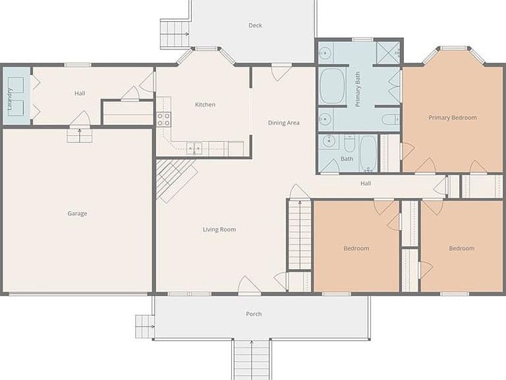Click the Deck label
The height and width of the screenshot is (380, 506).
click(x=255, y=25)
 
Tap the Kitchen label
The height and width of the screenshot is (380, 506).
click(x=205, y=104)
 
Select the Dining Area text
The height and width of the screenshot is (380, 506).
click(x=284, y=123)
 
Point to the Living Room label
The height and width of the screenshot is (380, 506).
click(x=219, y=230)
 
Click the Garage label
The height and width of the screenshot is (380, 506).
click(x=77, y=213)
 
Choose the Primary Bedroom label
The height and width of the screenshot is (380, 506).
click(x=453, y=117)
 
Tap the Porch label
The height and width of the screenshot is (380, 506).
click(x=254, y=314)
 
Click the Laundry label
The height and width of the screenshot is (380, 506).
click(x=9, y=99)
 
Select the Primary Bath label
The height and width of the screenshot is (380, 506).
click(x=357, y=89)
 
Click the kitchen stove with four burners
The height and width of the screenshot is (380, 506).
click(x=163, y=119)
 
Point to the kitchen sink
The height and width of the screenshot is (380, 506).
click(x=194, y=148)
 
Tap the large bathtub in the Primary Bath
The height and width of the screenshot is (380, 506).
click(x=332, y=86)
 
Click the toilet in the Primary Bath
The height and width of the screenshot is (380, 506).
click(x=391, y=119)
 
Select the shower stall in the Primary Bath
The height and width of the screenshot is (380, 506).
click(x=388, y=52)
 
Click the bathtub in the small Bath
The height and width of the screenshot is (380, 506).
click(x=368, y=153)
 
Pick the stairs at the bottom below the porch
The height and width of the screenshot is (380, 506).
click(x=252, y=360)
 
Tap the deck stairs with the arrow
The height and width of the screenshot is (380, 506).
click(x=175, y=34)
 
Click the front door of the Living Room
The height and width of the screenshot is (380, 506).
click(x=249, y=286)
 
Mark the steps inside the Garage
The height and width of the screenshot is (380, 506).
click(x=79, y=136)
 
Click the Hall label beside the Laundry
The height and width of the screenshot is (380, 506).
click(x=80, y=94)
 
